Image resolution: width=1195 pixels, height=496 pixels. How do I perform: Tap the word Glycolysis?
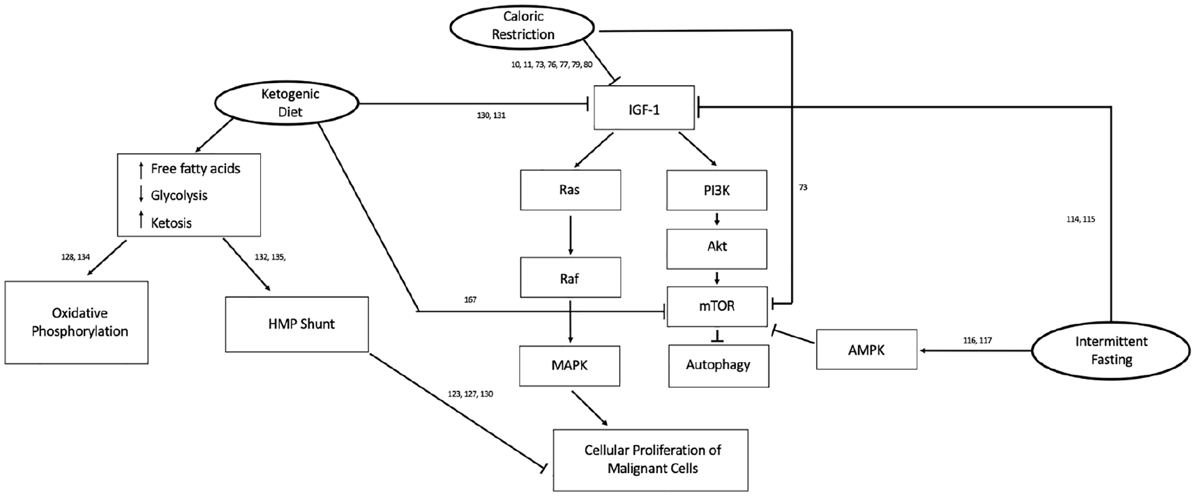(179, 195)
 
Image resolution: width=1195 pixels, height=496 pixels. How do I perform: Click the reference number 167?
(470, 300)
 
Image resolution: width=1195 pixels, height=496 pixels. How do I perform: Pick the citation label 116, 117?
(977, 340)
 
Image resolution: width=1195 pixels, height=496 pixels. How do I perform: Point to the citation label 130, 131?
(491, 115)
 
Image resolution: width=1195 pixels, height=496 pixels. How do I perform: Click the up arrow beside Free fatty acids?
(141, 169)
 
